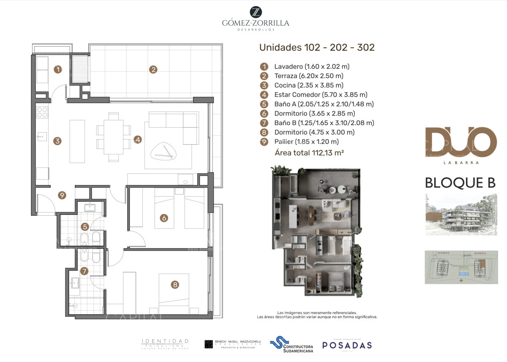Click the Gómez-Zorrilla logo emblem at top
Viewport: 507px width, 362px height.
coord(256,12)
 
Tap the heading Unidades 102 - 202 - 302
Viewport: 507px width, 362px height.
coord(316,47)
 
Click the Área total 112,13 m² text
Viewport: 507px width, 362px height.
coord(309,153)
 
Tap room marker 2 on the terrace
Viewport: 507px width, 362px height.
coord(153,70)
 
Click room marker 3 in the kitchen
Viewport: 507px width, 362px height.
coord(57,141)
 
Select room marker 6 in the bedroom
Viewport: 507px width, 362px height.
coord(164,218)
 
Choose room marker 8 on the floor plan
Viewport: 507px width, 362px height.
coord(175,285)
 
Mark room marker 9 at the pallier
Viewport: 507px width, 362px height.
coord(62,195)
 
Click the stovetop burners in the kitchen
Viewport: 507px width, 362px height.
coord(42,112)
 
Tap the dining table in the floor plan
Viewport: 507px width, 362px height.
coord(113,137)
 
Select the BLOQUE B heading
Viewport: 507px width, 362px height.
coord(460,183)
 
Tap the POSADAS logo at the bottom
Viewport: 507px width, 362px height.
coord(347,345)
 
